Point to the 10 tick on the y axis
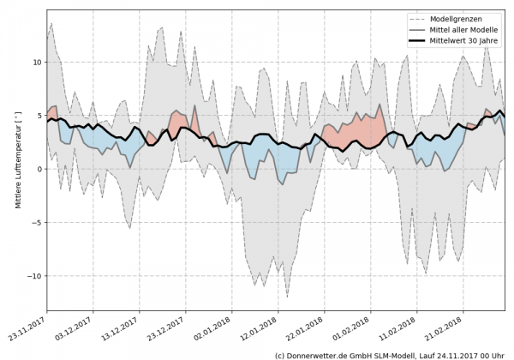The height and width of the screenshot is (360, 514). (x=37, y=63)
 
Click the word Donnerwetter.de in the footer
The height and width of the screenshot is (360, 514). (x=322, y=354)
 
